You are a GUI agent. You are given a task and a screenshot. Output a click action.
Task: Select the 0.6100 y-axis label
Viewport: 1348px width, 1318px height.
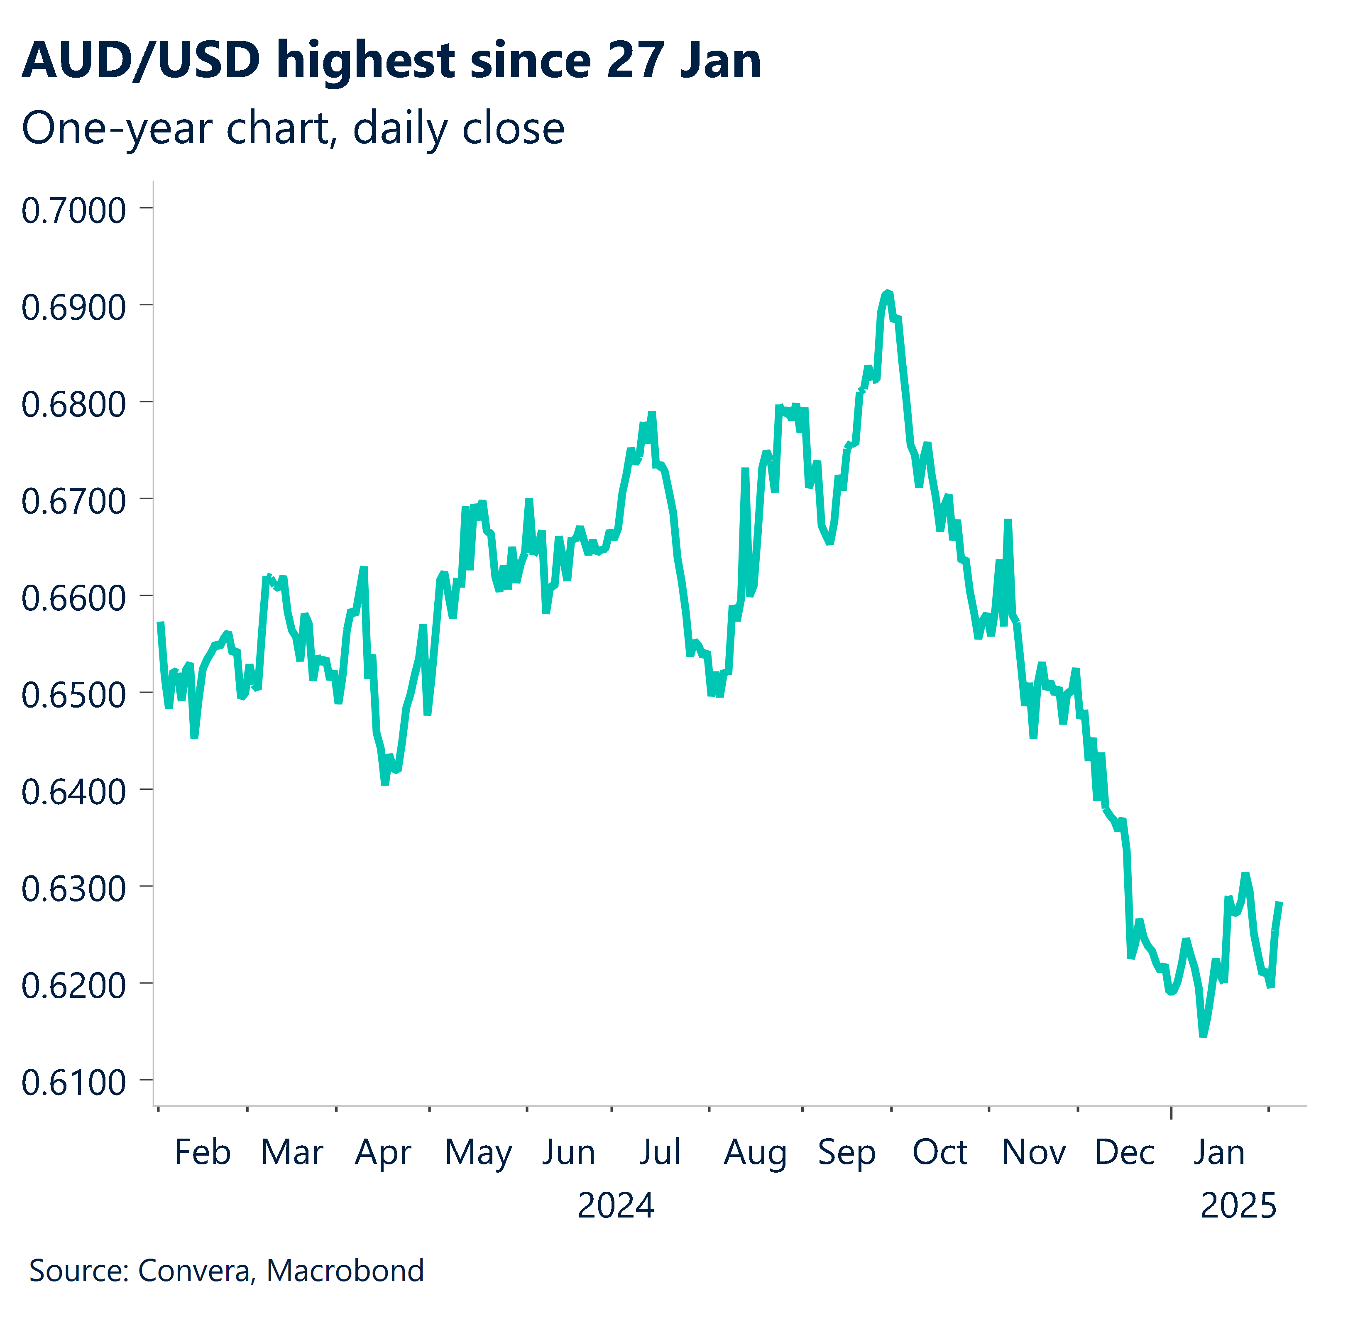[x=73, y=1082]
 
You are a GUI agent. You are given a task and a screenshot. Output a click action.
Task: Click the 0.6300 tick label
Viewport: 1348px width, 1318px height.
[x=73, y=888]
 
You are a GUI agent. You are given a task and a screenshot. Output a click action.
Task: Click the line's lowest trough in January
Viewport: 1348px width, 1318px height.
[x=1203, y=1035]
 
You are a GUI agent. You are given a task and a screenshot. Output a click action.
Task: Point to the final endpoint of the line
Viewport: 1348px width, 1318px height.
[x=1279, y=903]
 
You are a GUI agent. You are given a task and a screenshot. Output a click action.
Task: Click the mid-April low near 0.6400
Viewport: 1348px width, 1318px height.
[x=385, y=783]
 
